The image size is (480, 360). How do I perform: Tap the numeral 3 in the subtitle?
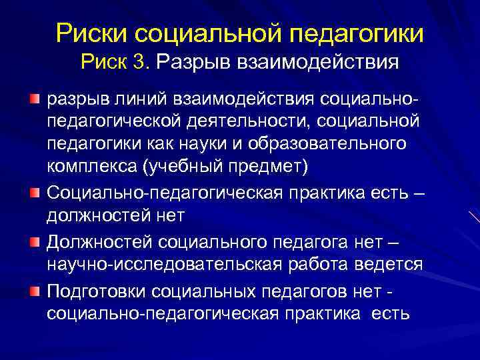coord(139,63)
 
